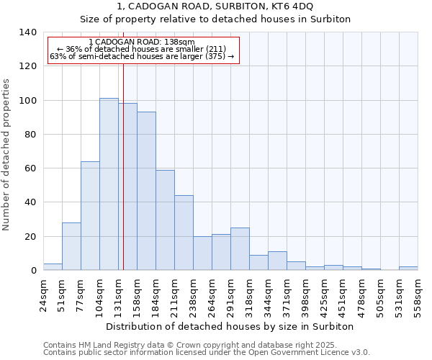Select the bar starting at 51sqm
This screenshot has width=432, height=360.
click(x=71, y=246)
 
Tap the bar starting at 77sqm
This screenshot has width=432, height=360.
click(x=90, y=216)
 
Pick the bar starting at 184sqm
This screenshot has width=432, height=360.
click(x=165, y=220)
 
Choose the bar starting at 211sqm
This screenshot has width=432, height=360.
click(x=184, y=233)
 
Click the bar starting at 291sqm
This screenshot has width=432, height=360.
click(x=240, y=249)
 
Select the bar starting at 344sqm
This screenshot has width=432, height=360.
click(x=277, y=261)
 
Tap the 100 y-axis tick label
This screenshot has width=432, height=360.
click(x=28, y=100)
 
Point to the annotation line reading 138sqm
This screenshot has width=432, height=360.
click(x=142, y=42)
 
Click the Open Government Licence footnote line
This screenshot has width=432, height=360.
click(x=207, y=353)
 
